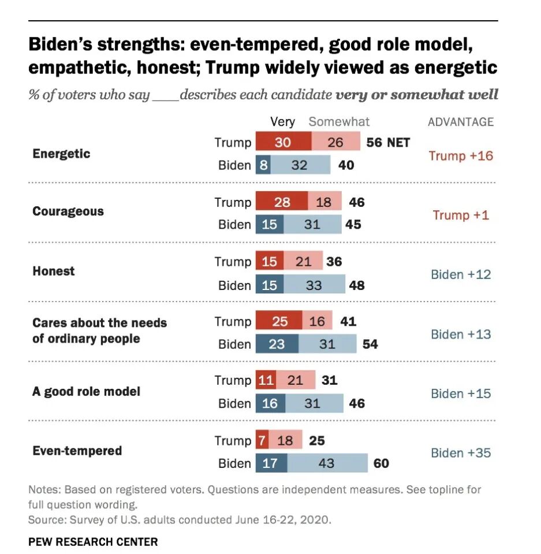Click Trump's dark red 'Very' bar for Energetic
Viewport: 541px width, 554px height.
[x=283, y=142]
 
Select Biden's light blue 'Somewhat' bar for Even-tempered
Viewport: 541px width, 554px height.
[x=327, y=463]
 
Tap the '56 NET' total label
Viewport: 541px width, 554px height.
[x=388, y=142]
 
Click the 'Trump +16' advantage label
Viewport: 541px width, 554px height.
[x=461, y=155]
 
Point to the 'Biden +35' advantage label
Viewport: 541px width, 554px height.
[x=461, y=452]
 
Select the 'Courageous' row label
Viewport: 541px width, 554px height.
[x=68, y=211]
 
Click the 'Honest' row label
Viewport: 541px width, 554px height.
[x=54, y=271]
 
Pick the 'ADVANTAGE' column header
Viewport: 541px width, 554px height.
[x=461, y=122]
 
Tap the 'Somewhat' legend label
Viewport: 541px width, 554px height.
[x=339, y=122]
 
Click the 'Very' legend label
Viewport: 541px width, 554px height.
[x=282, y=122]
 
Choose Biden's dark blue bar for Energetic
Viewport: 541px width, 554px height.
[x=262, y=165]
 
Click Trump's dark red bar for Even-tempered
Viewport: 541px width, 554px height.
[x=262, y=441]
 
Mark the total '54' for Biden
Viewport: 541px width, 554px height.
[x=370, y=344]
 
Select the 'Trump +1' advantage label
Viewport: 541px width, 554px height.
[x=461, y=215]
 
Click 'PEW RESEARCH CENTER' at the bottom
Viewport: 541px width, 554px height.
[x=93, y=541]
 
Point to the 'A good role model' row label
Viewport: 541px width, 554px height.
[x=87, y=391]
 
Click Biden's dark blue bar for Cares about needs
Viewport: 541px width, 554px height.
[x=277, y=344]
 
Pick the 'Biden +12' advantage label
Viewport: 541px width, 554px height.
[x=461, y=274]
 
